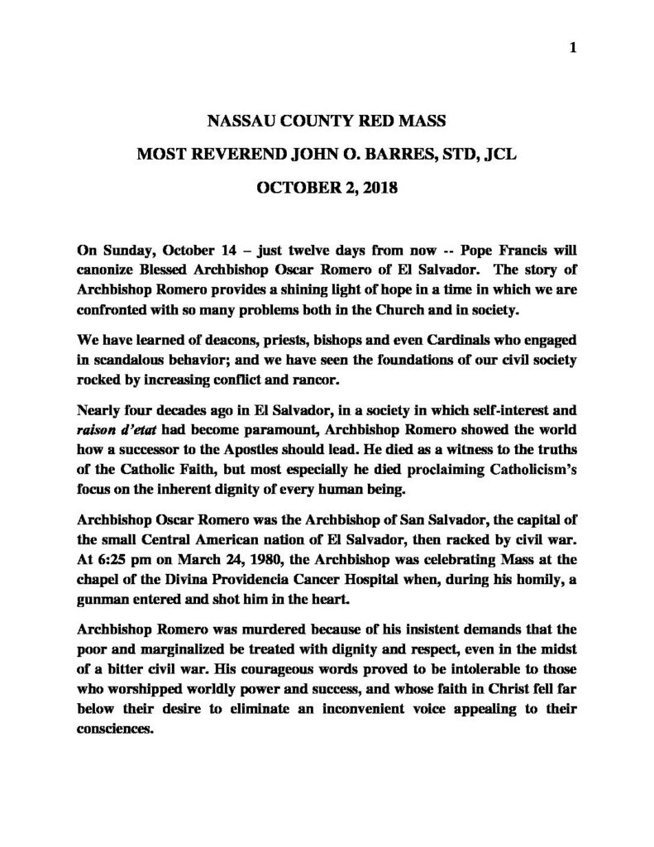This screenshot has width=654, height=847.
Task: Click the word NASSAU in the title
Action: click(239, 121)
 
